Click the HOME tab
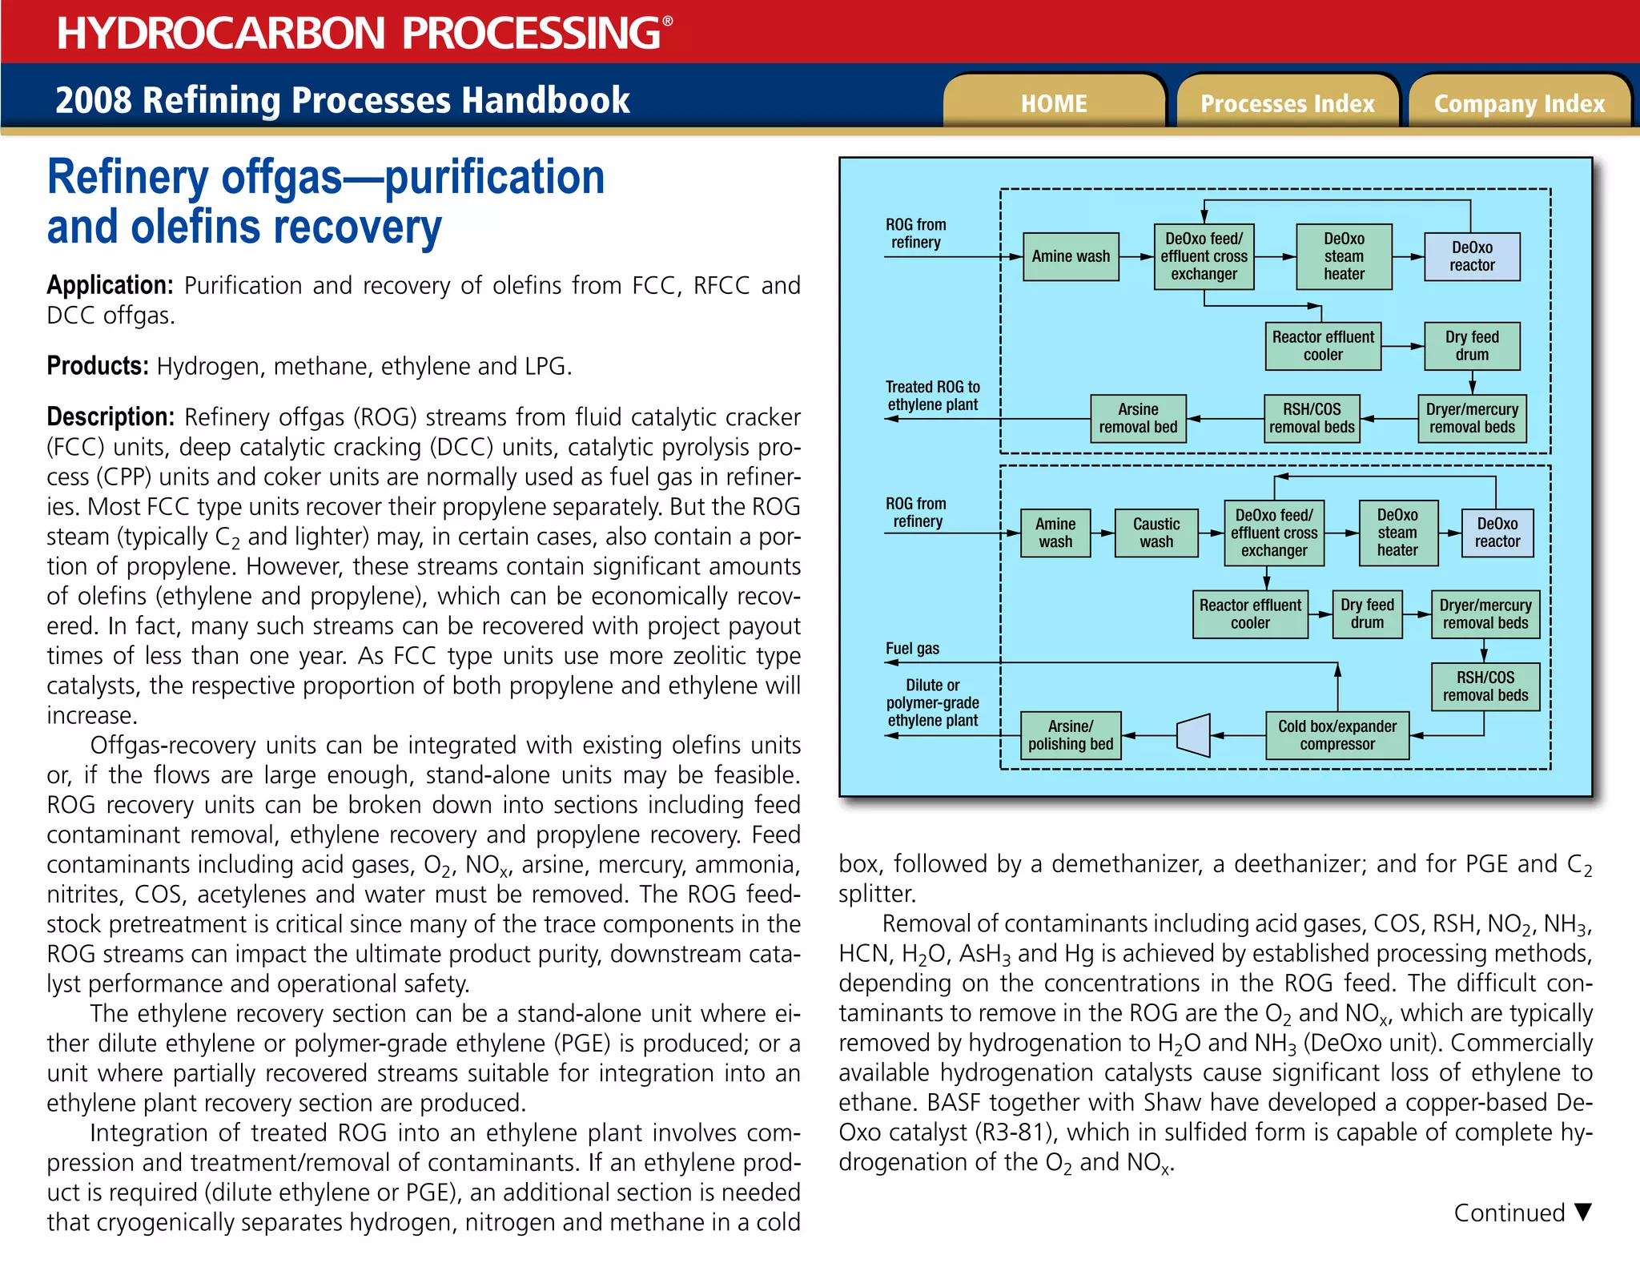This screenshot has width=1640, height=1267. [x=1053, y=103]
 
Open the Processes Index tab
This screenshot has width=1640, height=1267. [x=1287, y=103]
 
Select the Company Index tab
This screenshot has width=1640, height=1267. [x=1519, y=103]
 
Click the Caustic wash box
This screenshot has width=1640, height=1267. [x=1156, y=533]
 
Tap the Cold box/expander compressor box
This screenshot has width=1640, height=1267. [x=1337, y=735]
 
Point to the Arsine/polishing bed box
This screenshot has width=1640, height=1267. [x=1071, y=735]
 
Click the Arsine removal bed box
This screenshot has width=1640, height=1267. [x=1138, y=418]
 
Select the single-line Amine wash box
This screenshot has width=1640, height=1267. [x=1071, y=256]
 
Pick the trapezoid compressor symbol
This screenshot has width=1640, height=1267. [x=1193, y=735]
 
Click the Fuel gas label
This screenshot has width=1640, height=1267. [x=912, y=649]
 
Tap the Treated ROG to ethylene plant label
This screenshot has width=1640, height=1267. [x=932, y=396]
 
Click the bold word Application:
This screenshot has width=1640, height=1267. [x=110, y=286]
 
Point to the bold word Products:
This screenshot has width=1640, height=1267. [x=98, y=367]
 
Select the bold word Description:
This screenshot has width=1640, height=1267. [x=111, y=417]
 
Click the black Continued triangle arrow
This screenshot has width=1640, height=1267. [x=1582, y=1211]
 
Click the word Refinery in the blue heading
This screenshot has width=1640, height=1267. [x=128, y=178]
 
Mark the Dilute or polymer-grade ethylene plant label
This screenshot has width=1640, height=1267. [x=932, y=703]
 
